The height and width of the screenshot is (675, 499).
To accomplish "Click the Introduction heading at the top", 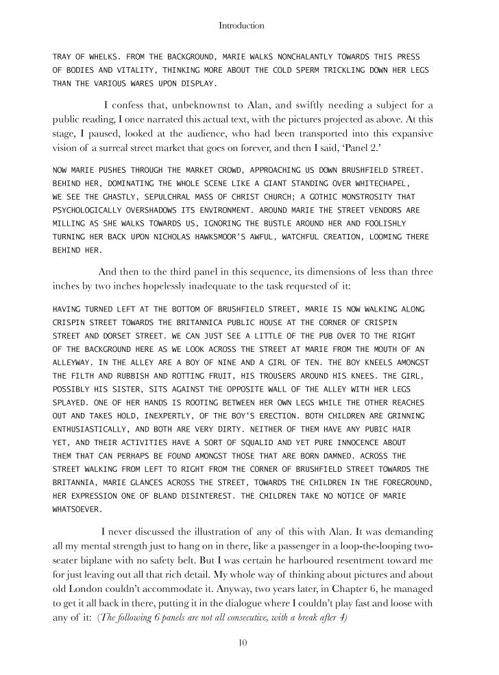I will coord(241,25).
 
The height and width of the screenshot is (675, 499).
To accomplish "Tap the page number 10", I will coord(242,642).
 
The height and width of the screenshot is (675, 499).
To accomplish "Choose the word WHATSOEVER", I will coord(79,510).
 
